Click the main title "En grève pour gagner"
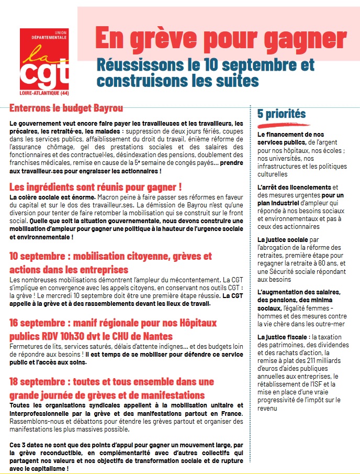pyautogui.click(x=220, y=38)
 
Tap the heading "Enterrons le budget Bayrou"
pyautogui.click(x=66, y=108)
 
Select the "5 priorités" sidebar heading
pyautogui.click(x=282, y=114)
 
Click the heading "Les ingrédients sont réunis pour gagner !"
pyautogui.click(x=96, y=186)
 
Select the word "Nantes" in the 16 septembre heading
pyautogui.click(x=157, y=336)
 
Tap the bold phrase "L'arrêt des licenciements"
pyautogui.click(x=294, y=187)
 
